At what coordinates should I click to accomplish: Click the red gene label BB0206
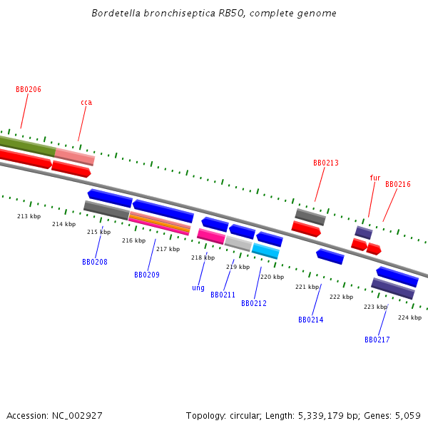point(29,90)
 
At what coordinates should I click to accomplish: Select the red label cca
point(86,103)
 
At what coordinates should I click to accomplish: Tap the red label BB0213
point(326,163)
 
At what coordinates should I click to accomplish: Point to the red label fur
point(375,178)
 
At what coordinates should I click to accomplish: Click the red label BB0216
point(398,185)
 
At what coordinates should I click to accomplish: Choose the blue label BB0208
point(95,263)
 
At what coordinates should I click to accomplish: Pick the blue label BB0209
point(147,275)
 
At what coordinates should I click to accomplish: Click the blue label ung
point(198,288)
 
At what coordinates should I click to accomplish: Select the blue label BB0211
point(223,295)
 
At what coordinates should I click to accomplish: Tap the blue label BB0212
point(254,304)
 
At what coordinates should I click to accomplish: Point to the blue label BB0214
point(311,320)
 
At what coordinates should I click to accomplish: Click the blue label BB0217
point(377,340)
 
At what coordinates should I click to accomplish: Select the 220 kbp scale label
point(272,277)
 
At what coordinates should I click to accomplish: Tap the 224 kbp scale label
point(409,317)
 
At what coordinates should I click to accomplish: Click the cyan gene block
point(265,250)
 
